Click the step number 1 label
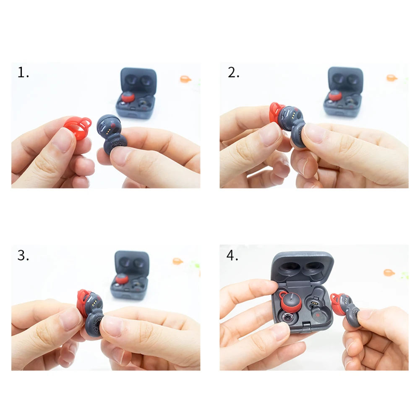tap(23, 73)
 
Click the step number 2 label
tap(233, 73)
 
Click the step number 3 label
tap(23, 256)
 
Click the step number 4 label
tap(233, 256)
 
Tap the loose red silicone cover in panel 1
tap(78, 128)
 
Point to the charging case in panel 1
tap(138, 93)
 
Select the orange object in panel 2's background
tap(391, 78)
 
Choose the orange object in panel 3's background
tap(178, 261)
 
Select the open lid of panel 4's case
tap(302, 268)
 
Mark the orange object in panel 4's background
tap(389, 272)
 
